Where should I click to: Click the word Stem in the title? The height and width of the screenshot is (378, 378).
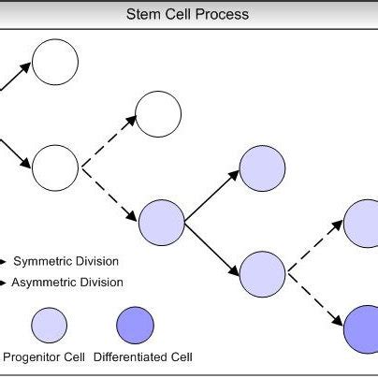[143, 15]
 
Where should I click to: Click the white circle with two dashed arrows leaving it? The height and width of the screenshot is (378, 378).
[55, 168]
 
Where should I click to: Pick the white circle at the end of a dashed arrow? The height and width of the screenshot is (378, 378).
[159, 114]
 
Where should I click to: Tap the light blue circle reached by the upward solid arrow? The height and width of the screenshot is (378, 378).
[262, 168]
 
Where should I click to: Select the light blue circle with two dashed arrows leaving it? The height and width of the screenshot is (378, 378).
[262, 273]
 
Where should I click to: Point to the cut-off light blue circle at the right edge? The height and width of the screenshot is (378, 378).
[363, 223]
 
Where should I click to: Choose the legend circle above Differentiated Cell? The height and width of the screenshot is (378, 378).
[135, 325]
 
